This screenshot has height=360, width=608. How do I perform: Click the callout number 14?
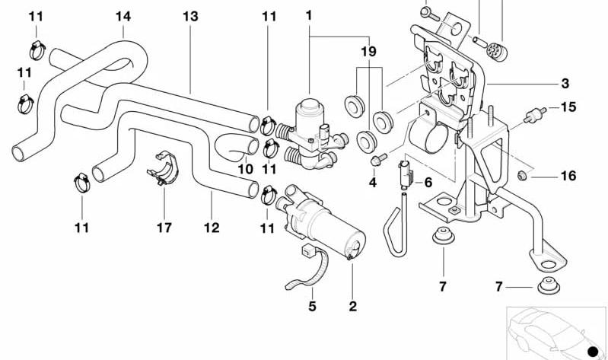click(x=123, y=16)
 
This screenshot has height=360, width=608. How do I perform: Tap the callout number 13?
click(x=190, y=16)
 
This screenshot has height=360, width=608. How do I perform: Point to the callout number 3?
click(x=565, y=83)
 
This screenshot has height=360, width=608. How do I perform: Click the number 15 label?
click(x=568, y=107)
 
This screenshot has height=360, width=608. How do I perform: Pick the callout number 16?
click(x=568, y=176)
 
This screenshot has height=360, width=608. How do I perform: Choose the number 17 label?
click(x=164, y=227)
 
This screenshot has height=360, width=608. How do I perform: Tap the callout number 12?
click(x=211, y=227)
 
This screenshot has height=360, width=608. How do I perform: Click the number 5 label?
click(x=312, y=307)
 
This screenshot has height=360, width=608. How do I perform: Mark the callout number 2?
click(x=352, y=307)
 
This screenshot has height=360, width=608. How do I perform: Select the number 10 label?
click(x=245, y=168)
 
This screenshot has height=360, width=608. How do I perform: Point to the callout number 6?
click(x=428, y=183)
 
